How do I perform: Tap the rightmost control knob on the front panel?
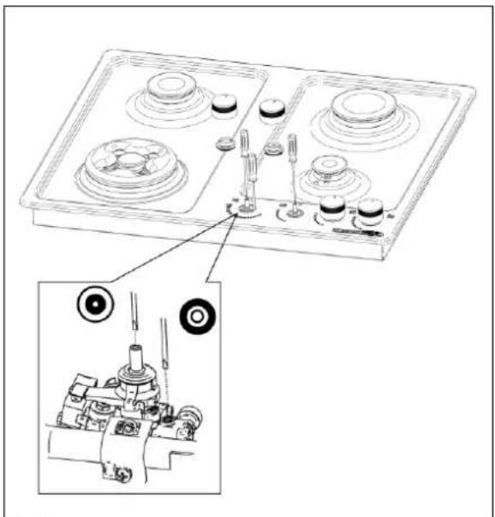point(370,211)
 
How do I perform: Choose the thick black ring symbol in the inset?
point(197,317)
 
